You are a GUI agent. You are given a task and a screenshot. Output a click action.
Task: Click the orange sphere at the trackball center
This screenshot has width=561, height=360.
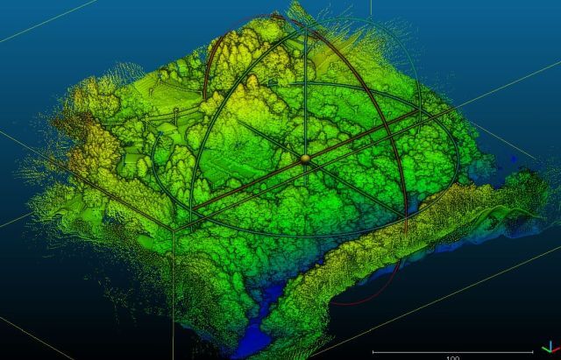point(305,159)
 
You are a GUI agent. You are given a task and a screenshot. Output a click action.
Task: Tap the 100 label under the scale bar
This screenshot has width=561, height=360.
point(453,357)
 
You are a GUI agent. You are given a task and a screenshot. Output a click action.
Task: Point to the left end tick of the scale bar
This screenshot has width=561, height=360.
point(373,351)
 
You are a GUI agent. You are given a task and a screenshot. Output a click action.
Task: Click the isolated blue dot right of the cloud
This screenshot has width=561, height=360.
point(514,159)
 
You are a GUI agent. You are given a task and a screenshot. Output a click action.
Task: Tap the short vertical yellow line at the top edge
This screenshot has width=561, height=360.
point(370,8)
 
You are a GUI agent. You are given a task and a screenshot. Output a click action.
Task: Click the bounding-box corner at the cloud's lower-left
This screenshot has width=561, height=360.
point(173,227)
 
